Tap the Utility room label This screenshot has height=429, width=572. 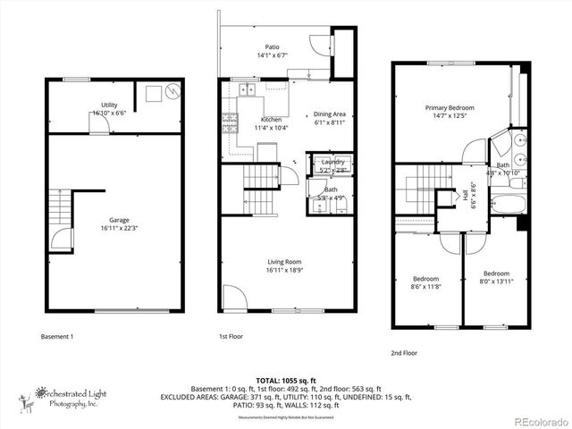pos(110,109)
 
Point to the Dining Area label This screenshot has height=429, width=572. pos(330,118)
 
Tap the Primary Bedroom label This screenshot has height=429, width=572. pos(449,111)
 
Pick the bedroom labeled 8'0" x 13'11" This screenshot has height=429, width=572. pos(496,277)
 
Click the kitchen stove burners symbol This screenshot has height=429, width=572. pos(227,123)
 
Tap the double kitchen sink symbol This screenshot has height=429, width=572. pos(247,90)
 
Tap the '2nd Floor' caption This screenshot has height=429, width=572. pos(404,353)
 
